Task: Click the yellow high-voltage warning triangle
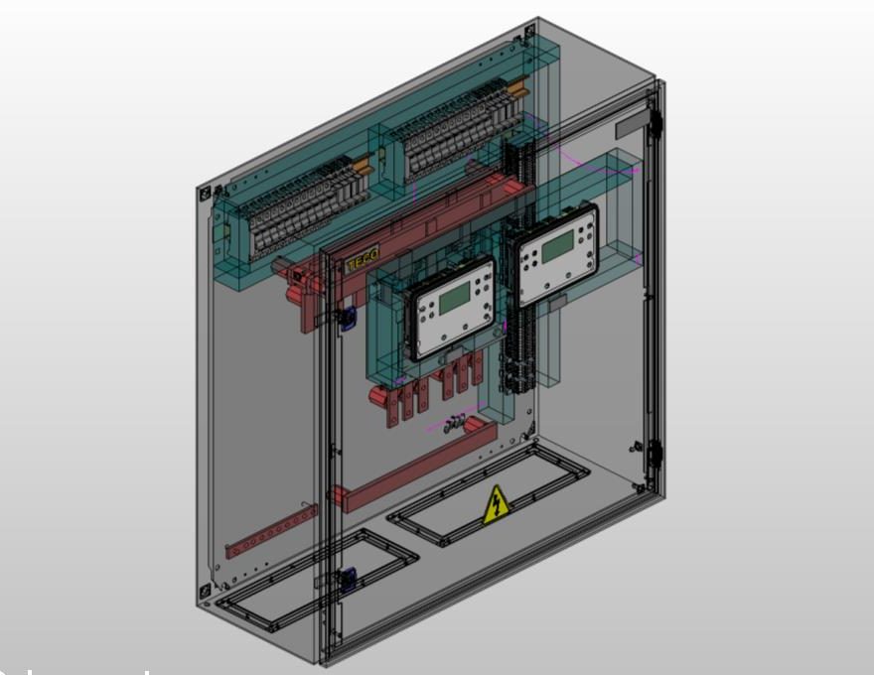coord(496,505)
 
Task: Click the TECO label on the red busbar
coord(361,263)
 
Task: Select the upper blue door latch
coord(348,318)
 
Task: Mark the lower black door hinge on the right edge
coord(655,455)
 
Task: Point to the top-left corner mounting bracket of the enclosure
coord(206,193)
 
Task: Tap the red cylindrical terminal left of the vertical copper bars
coord(379,395)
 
